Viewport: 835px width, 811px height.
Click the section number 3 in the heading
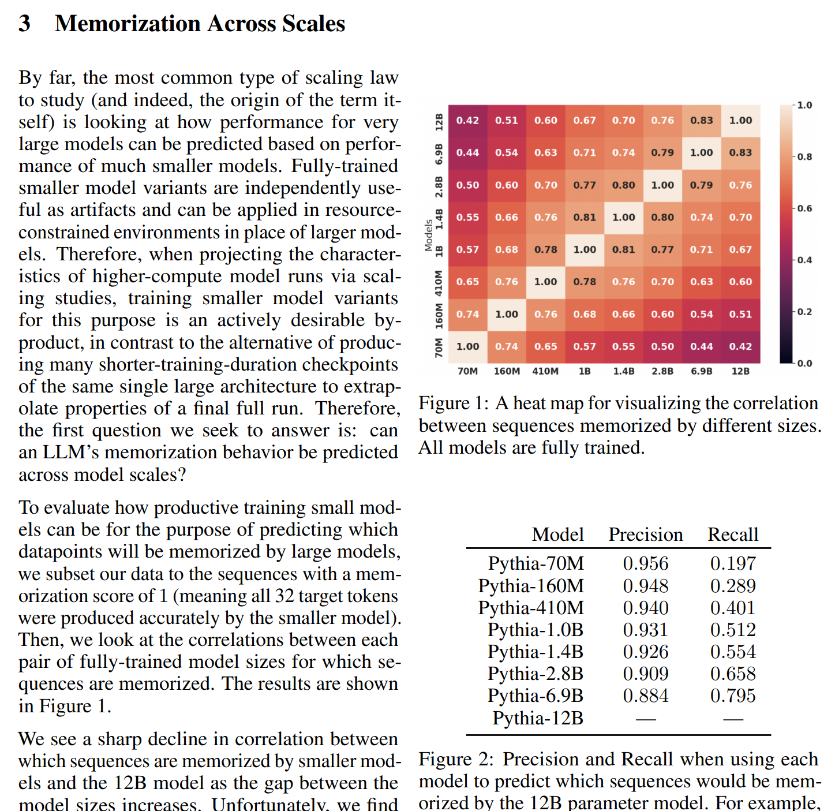pos(24,24)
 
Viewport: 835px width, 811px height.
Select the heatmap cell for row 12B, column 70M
pos(467,121)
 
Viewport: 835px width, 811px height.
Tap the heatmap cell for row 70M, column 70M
pos(467,347)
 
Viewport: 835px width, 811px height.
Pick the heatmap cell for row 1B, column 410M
pos(545,250)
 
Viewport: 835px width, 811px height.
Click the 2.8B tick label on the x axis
pos(662,371)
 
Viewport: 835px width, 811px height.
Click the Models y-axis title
pos(429,235)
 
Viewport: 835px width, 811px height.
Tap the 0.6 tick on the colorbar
pos(804,208)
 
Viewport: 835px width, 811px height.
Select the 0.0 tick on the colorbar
pos(804,364)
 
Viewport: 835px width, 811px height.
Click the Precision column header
pos(645,535)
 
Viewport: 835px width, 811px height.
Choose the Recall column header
pos(733,535)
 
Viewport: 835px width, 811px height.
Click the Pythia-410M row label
pos(531,608)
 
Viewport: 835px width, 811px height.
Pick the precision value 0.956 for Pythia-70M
pos(645,563)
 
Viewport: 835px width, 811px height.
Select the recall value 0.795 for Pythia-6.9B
pos(733,696)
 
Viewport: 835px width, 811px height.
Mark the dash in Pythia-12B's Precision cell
pos(645,719)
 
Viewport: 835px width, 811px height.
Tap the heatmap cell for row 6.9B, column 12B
pos(740,153)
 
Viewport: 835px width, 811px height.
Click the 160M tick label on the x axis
pos(507,371)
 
